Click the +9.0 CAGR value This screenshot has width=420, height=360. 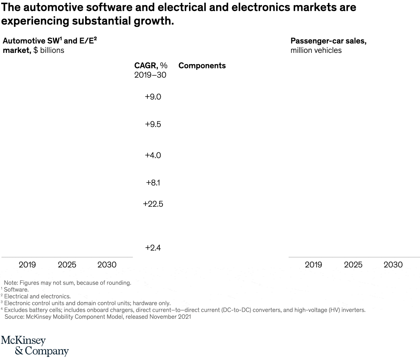(x=153, y=97)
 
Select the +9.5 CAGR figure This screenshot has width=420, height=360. (x=153, y=124)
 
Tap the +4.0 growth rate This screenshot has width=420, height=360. (x=153, y=155)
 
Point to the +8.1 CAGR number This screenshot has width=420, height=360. (x=153, y=182)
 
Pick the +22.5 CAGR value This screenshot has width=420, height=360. (x=153, y=204)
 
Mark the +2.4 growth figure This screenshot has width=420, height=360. (x=153, y=248)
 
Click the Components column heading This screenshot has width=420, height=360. (x=202, y=66)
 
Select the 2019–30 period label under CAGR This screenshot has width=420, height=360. (x=150, y=75)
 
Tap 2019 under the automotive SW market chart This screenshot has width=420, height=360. (x=27, y=265)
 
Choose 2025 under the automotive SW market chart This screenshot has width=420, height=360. (x=67, y=265)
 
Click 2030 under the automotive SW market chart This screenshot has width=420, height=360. (x=107, y=265)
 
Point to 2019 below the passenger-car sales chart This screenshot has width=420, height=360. (x=313, y=265)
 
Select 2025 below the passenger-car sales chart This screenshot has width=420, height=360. (x=353, y=265)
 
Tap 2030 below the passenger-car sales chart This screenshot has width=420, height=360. (x=393, y=265)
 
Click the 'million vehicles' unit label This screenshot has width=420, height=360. (x=316, y=50)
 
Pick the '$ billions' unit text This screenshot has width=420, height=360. (x=49, y=50)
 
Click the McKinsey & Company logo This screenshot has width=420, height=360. (x=35, y=346)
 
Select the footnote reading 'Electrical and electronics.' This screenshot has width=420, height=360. (x=37, y=296)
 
